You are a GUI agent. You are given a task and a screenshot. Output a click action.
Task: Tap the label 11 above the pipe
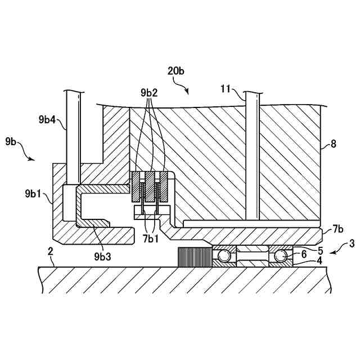pos(225,88)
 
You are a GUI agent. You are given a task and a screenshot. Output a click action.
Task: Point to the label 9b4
pos(49,119)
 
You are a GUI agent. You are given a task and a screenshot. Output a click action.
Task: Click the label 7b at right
pos(337,229)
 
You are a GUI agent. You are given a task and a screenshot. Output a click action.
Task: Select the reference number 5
pos(320,250)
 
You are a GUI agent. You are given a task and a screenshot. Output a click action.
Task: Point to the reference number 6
pos(304,255)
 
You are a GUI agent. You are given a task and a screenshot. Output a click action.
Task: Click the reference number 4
pos(319,260)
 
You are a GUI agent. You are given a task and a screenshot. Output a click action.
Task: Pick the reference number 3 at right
pos(352,244)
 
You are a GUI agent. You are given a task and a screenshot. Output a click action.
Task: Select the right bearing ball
pos(280,256)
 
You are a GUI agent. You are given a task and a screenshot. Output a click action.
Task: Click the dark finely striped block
pos(193,257)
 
